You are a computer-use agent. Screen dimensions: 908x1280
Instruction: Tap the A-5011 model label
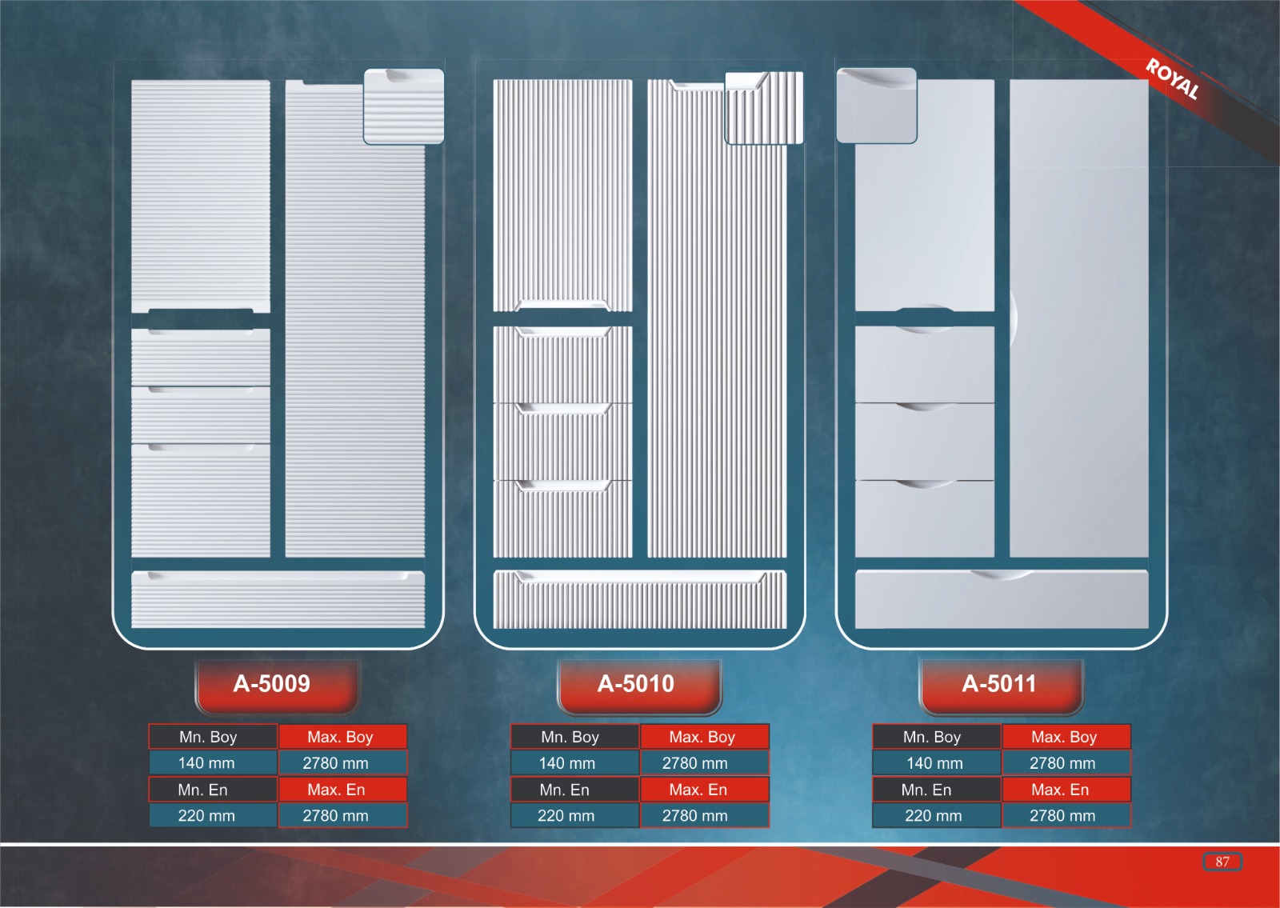click(1000, 685)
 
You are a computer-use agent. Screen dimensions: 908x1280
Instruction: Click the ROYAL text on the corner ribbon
click(1172, 79)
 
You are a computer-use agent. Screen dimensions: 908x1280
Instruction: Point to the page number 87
click(1222, 862)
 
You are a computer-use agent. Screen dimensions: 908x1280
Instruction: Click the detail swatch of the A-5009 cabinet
click(404, 106)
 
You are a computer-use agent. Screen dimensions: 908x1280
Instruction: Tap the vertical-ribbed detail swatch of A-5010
click(763, 108)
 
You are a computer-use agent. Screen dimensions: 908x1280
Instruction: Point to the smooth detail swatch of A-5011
click(876, 106)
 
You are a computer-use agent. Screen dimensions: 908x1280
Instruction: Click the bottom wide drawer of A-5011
click(1002, 600)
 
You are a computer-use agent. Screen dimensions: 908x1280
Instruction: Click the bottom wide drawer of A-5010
click(640, 600)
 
